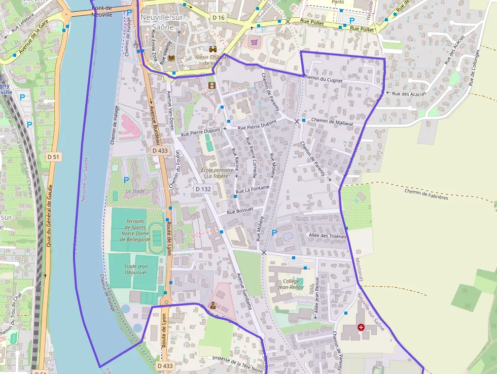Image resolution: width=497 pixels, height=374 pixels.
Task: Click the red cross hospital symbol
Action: pyautogui.click(x=361, y=328)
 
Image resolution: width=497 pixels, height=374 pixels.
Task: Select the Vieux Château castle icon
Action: pyautogui.click(x=213, y=50)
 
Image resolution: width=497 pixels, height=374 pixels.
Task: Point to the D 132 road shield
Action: pyautogui.click(x=203, y=189)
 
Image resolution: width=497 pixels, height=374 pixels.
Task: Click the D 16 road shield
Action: pyautogui.click(x=218, y=18)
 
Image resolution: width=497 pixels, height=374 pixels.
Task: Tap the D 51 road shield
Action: pyautogui.click(x=53, y=157)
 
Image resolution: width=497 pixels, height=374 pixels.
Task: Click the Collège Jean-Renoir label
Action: pyautogui.click(x=291, y=284)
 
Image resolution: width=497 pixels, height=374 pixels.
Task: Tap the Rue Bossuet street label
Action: pyautogui.click(x=240, y=210)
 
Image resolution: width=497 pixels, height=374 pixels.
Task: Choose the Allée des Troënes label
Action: pyautogui.click(x=327, y=236)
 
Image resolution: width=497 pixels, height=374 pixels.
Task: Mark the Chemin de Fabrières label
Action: pyautogui.click(x=426, y=194)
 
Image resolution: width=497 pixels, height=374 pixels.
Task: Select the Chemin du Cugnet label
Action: pyautogui.click(x=323, y=79)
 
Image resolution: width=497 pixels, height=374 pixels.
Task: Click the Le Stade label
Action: pyautogui.click(x=135, y=191)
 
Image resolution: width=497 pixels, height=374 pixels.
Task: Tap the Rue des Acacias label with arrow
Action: pyautogui.click(x=405, y=93)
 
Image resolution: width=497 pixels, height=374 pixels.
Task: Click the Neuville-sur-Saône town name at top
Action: pyautogui.click(x=162, y=21)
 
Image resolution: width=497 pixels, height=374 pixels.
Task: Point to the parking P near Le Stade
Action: pyautogui.click(x=126, y=180)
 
